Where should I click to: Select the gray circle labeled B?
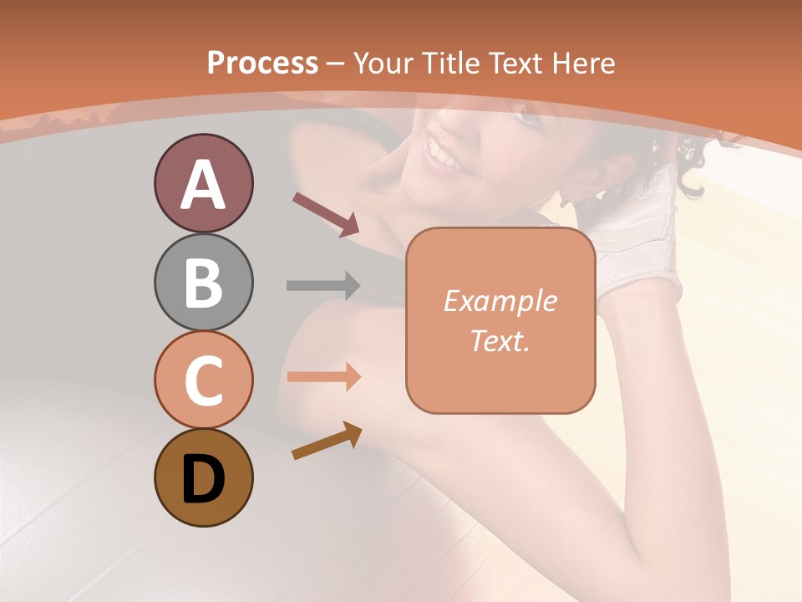point(203,282)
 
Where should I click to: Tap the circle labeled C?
point(203,380)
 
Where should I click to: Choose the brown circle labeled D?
point(203,478)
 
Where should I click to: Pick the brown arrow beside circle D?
point(327,441)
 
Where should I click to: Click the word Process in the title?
point(262,63)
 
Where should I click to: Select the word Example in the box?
point(500,301)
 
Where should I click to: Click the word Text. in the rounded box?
point(500,340)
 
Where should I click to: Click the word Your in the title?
point(384,63)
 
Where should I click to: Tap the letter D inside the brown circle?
point(203,480)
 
